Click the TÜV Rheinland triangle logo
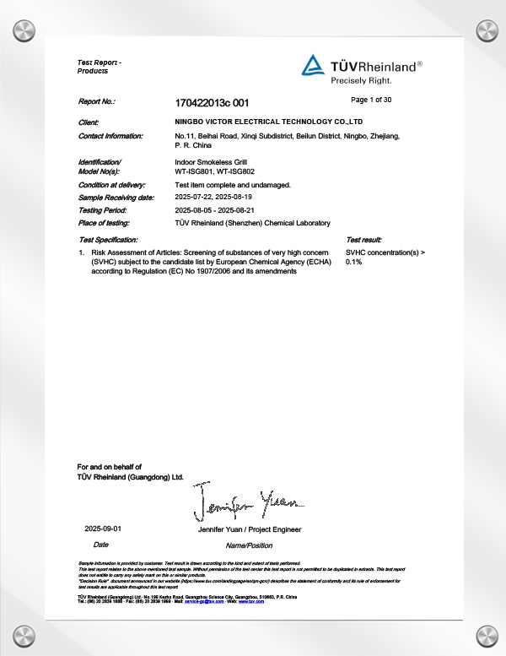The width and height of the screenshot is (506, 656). click(x=312, y=65)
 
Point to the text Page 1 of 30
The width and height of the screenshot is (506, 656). click(x=370, y=100)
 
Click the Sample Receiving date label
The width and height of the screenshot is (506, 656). click(x=116, y=197)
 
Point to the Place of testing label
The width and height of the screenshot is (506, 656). click(x=107, y=223)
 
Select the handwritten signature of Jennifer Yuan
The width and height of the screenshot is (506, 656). click(x=245, y=502)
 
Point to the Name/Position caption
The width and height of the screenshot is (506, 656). click(x=244, y=545)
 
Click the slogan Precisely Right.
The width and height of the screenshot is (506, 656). click(x=361, y=81)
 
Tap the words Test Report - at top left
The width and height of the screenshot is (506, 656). click(x=99, y=63)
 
